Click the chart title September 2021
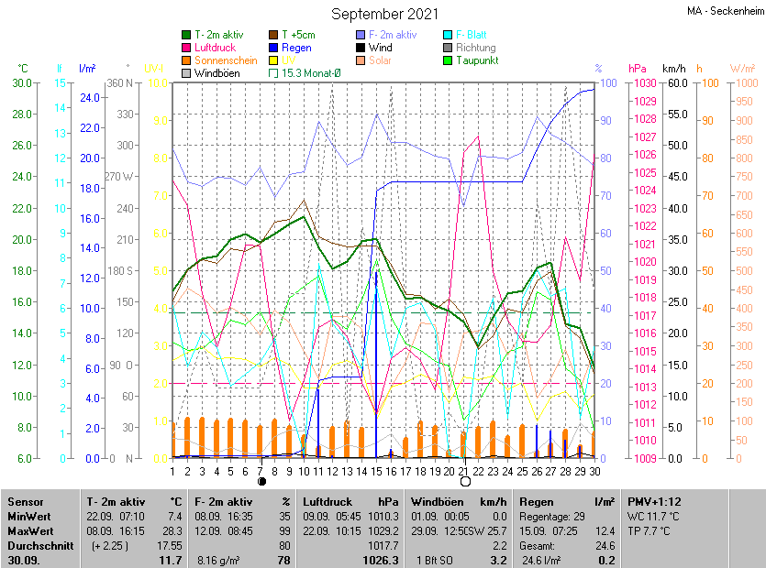tap(384, 14)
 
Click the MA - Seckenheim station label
tap(725, 11)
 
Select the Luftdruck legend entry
tap(215, 48)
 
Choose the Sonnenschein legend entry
tap(226, 60)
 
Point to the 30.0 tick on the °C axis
tap(20, 83)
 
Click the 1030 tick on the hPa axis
tap(642, 83)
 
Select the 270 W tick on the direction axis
tap(120, 177)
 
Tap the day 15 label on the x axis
tap(376, 471)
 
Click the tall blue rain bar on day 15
tap(376, 366)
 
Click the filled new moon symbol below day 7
tap(261, 481)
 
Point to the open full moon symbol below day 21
tap(464, 481)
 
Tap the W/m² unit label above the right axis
tap(742, 69)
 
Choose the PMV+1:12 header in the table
tap(655, 502)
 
